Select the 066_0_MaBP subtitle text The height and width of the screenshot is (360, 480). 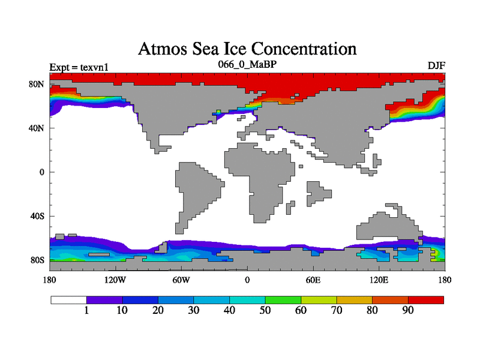(247, 63)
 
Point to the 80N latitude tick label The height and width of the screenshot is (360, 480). (37, 84)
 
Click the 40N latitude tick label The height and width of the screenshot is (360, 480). (37, 128)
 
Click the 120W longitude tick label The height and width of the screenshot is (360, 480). (115, 280)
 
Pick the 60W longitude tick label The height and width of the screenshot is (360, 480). (181, 280)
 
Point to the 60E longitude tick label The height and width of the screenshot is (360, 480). (313, 280)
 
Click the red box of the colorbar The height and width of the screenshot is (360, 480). (426, 299)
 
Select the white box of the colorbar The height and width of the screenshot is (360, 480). (68, 299)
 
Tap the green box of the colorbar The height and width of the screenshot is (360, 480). (283, 299)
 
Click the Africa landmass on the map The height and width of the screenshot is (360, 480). (255, 174)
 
